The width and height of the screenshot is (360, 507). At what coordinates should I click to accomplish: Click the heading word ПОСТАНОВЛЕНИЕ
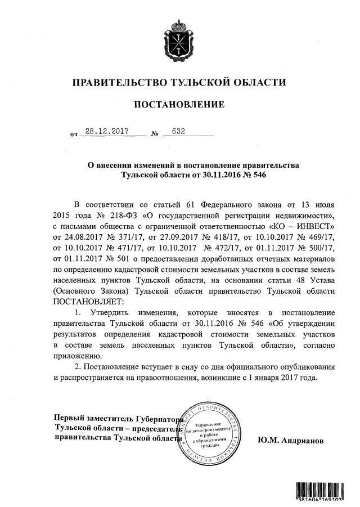179,104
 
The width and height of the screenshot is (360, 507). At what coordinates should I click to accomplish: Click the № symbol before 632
155,134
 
